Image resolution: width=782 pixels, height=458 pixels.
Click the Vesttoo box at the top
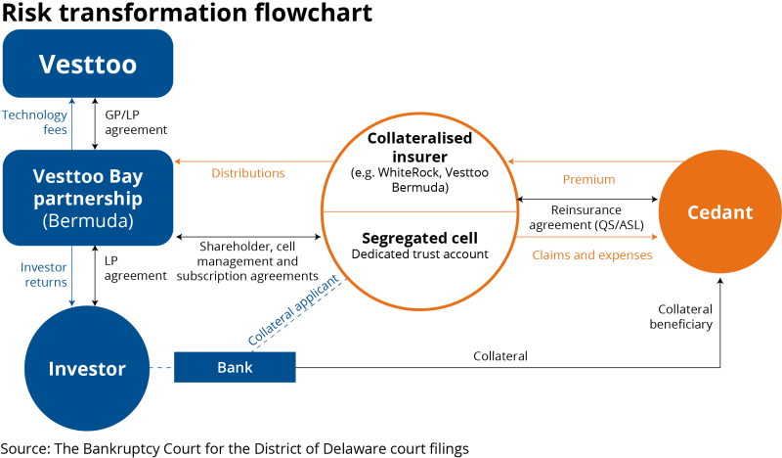coord(87,64)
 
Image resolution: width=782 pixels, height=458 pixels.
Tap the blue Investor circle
coord(87,368)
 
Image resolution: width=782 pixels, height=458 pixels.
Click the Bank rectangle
coord(235,368)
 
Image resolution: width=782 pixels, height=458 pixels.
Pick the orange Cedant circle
coord(720,212)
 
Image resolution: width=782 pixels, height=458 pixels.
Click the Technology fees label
coord(35,122)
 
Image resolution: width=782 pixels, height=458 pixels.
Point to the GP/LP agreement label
coord(135,122)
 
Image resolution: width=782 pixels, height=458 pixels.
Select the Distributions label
coord(248,173)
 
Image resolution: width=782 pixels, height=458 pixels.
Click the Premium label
coord(588,179)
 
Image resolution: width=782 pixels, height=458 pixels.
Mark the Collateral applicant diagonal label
coord(293,310)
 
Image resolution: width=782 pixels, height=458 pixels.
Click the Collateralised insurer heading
coord(420,147)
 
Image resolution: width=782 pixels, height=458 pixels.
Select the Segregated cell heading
coord(420,238)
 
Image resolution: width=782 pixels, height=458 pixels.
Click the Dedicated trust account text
coord(420,255)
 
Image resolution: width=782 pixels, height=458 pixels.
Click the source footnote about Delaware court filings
coord(235,447)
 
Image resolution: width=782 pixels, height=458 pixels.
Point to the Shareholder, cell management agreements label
coord(248,261)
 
